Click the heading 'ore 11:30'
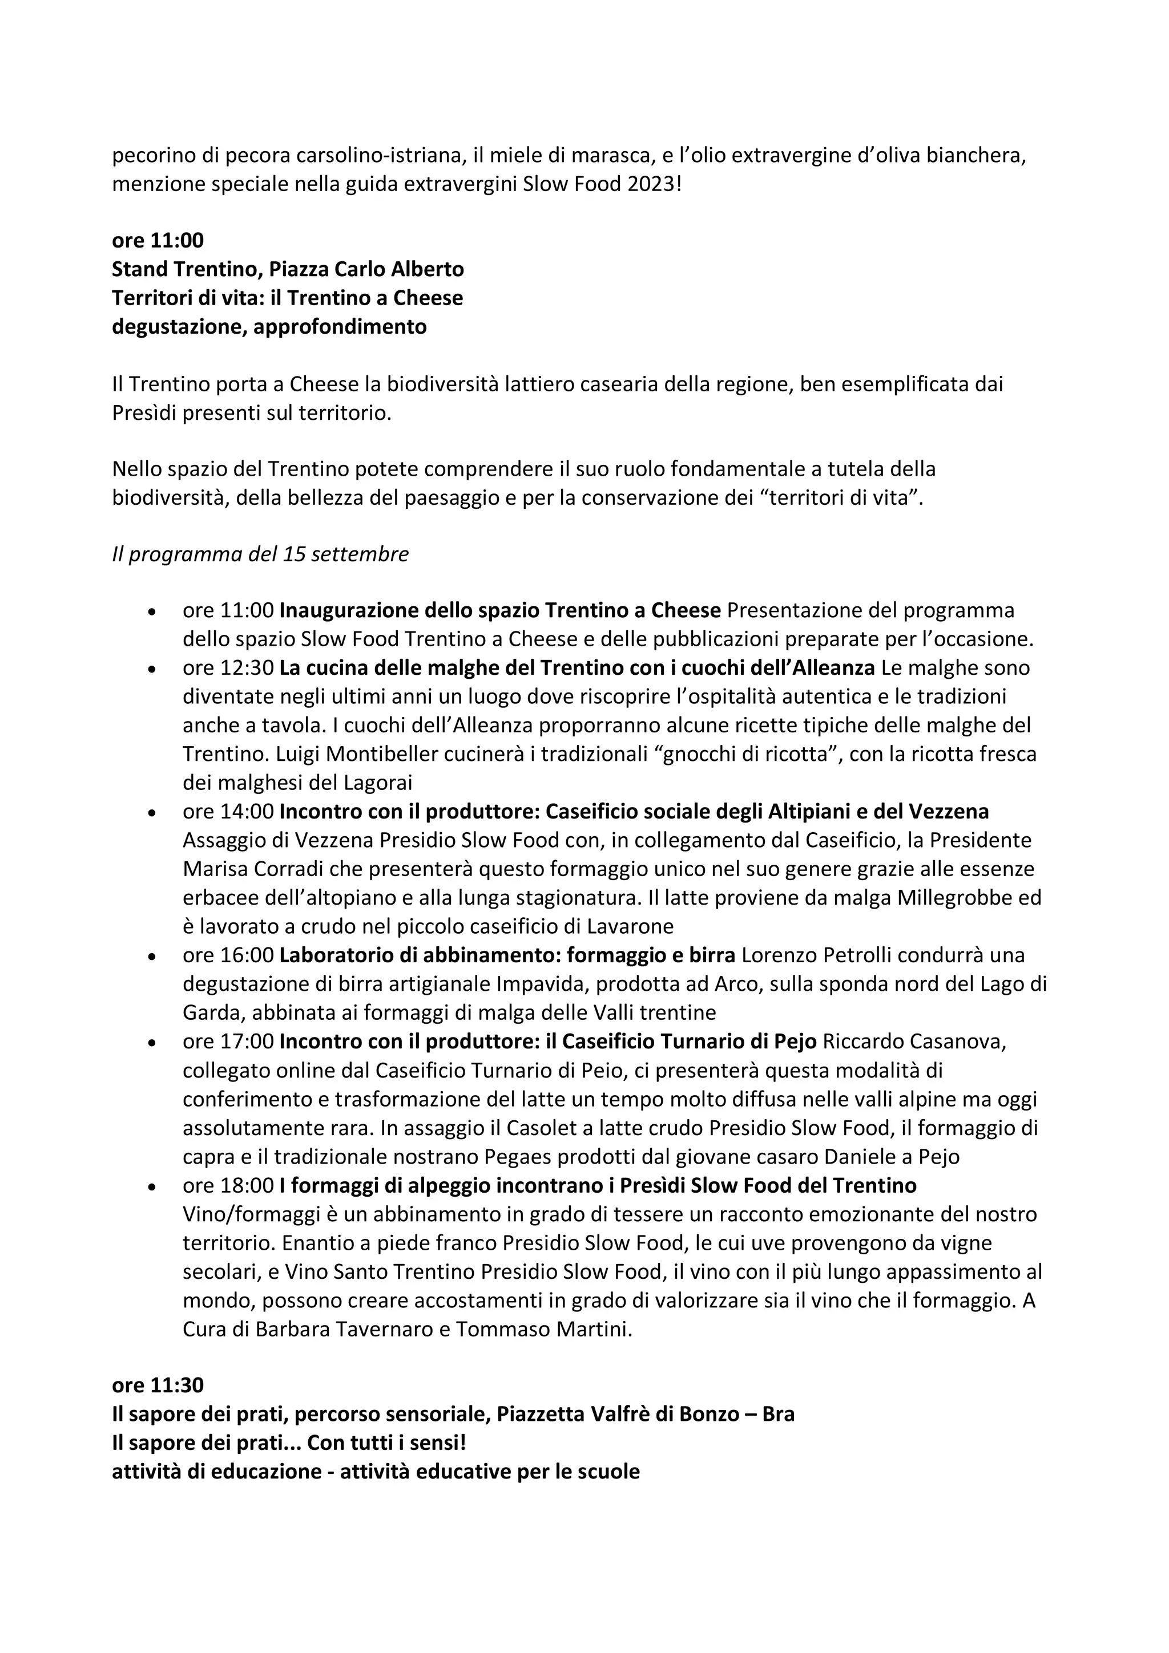tap(157, 1384)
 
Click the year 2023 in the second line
tap(651, 184)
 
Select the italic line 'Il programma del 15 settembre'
tap(260, 554)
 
